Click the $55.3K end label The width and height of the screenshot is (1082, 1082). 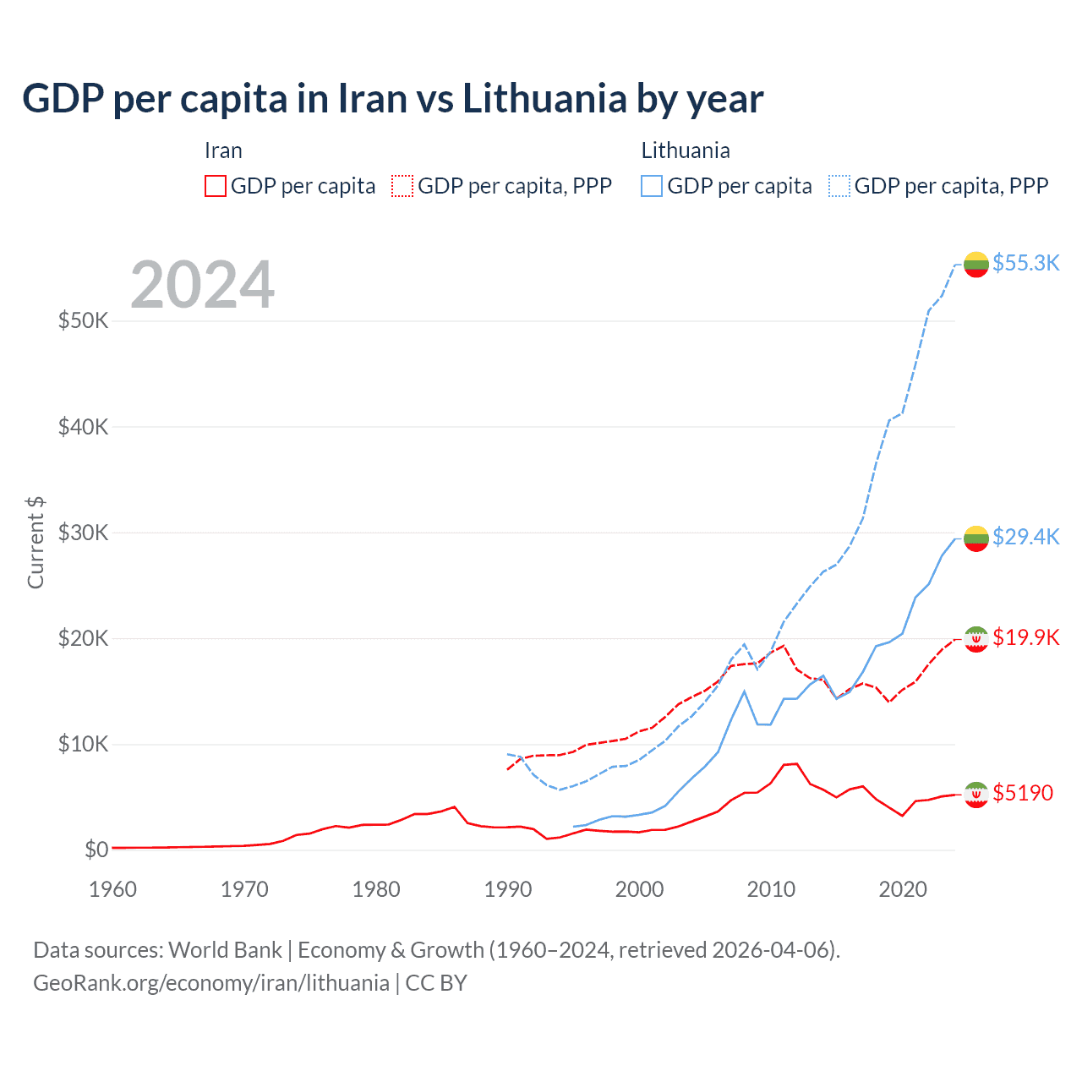(1025, 263)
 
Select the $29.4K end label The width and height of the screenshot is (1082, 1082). (1025, 537)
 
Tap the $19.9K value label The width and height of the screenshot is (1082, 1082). (1025, 637)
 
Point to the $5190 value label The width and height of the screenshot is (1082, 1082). (1023, 793)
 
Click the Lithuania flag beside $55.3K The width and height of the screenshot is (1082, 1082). (976, 265)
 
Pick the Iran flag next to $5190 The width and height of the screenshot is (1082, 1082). (976, 795)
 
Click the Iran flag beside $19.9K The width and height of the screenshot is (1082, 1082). (976, 639)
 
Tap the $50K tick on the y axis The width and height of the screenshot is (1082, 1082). (83, 321)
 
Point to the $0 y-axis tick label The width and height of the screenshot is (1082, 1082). (96, 850)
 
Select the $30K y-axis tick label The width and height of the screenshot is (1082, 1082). (83, 533)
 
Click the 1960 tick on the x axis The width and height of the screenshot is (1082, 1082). (112, 889)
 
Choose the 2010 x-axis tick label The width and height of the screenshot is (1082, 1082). (771, 889)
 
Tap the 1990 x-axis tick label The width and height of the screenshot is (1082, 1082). (508, 889)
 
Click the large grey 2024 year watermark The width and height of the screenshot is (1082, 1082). (203, 285)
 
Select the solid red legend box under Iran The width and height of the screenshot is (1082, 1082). (216, 186)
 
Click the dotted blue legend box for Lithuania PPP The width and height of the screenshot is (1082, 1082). (839, 186)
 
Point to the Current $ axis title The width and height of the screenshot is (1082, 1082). (36, 543)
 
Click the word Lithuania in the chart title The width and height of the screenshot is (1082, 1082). (544, 99)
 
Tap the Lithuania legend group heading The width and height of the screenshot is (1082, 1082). (686, 150)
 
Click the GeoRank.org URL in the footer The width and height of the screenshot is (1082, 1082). (211, 983)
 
